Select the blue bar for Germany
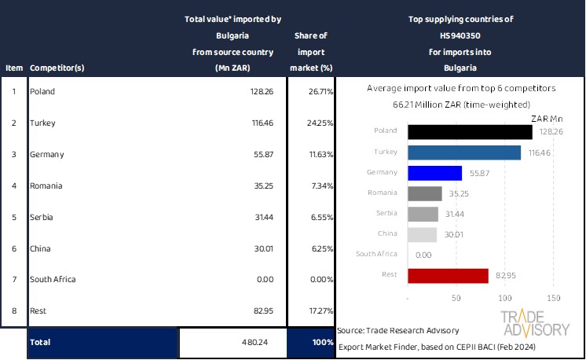coord(435,173)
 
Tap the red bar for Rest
coord(449,275)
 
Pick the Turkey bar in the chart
coord(464,152)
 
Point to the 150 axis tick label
coord(553,299)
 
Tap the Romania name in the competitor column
coord(46,186)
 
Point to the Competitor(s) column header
coord(57,68)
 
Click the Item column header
coord(13,68)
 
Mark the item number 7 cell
coord(13,280)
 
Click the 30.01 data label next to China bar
coord(451,234)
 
